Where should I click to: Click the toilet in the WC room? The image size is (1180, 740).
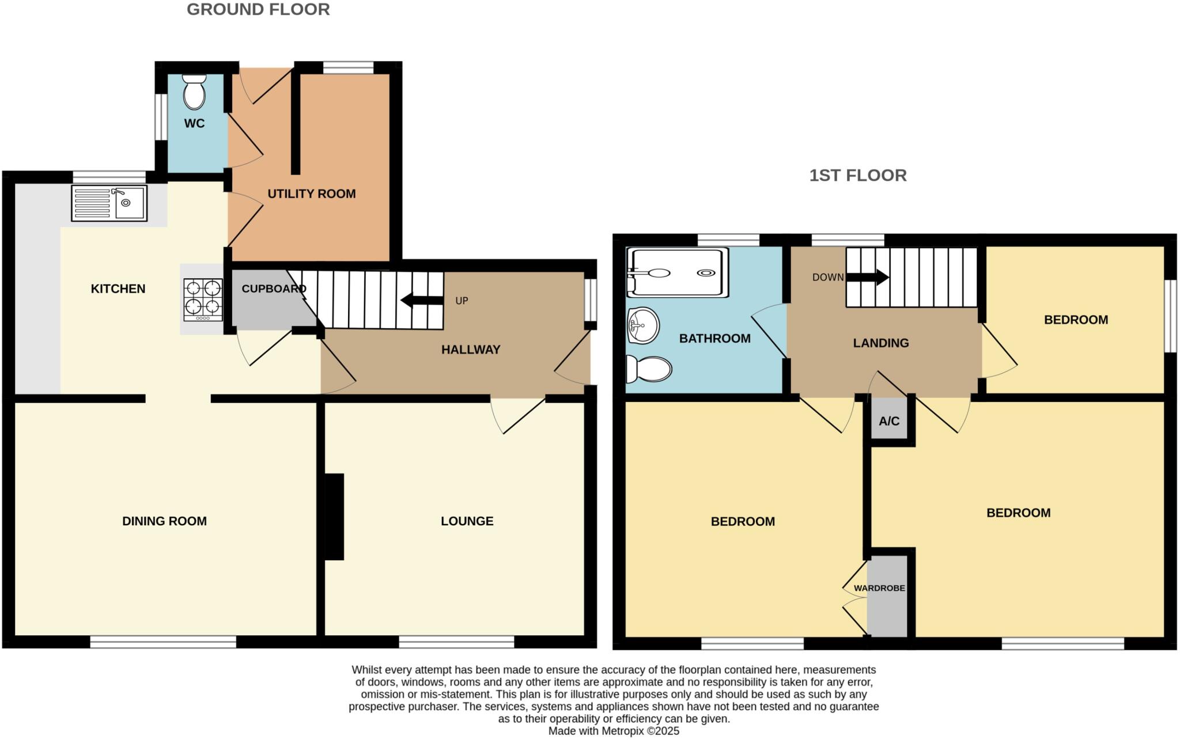point(194,93)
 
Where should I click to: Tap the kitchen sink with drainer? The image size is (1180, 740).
point(109,203)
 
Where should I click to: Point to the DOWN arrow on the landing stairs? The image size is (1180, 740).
point(868,278)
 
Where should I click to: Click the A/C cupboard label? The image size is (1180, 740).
point(889,421)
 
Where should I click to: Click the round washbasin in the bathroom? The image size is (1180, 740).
point(642,325)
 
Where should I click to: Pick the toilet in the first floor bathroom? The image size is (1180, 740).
point(649,369)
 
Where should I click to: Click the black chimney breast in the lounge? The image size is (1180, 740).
point(334,517)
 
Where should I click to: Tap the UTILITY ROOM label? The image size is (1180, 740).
point(311,194)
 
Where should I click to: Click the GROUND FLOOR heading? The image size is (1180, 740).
point(258,10)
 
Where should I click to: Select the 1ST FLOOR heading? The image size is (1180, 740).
point(858,175)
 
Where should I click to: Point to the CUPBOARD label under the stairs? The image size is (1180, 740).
point(273,289)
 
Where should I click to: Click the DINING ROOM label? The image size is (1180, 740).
point(164,521)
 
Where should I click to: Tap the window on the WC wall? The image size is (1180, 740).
point(161,117)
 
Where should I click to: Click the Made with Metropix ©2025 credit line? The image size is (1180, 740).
point(614,731)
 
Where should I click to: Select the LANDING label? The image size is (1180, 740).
point(881,343)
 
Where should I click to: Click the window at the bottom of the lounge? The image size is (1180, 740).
point(456,642)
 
